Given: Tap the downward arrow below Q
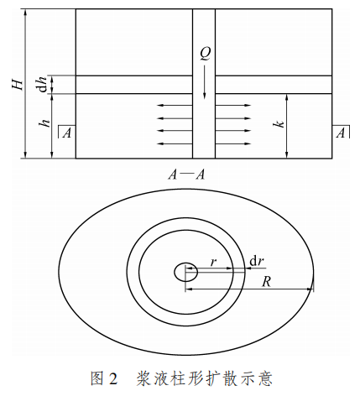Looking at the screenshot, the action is [204, 82].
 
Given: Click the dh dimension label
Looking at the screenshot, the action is [43, 84].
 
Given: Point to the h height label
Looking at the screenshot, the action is [44, 122].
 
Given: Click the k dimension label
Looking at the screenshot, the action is [279, 123].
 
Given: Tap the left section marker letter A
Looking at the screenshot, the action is [66, 133].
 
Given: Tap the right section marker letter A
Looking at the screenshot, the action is [341, 133].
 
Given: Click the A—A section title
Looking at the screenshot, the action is [186, 175].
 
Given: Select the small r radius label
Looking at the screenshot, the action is [213, 262].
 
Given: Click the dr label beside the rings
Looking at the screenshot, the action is [257, 261].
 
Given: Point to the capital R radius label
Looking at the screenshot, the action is [266, 282].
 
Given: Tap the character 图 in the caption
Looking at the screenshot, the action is [97, 378].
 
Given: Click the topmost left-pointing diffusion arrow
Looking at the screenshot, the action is [175, 106].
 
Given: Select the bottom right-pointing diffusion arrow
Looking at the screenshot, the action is [233, 144].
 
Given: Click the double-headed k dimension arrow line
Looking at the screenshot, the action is [286, 126].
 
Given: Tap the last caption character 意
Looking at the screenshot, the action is [265, 378].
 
